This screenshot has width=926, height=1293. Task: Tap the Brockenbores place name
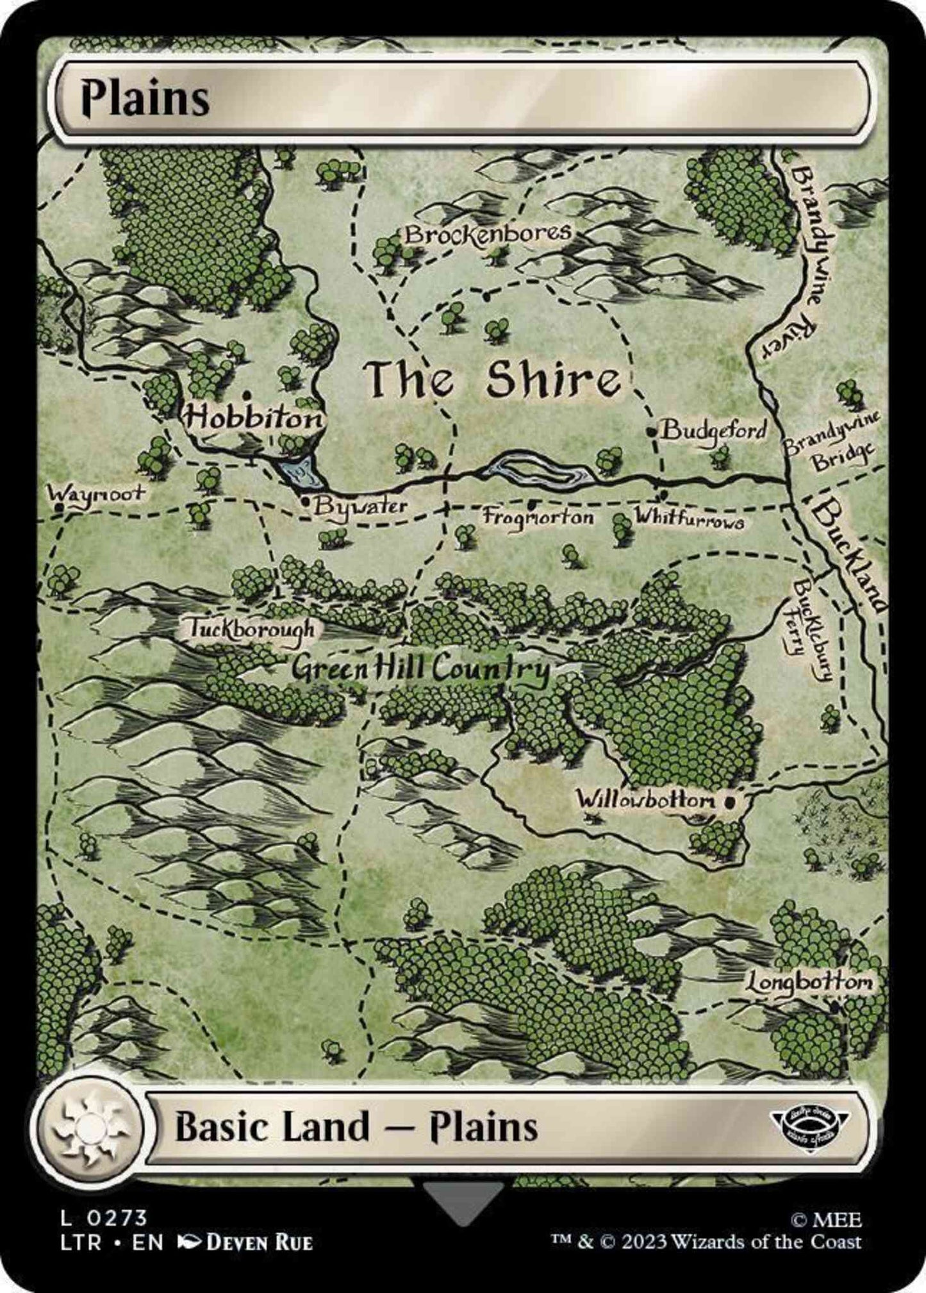tap(487, 234)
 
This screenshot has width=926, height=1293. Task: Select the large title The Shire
tap(492, 380)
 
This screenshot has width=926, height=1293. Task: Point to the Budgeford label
tap(713, 430)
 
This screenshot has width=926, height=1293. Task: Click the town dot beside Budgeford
tap(652, 431)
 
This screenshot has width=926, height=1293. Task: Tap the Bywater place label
tap(361, 506)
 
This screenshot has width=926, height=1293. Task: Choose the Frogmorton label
tap(538, 516)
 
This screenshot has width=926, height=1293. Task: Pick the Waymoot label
tap(96, 494)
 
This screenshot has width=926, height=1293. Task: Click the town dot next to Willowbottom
tap(729, 801)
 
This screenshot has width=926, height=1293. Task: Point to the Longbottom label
tap(809, 983)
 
